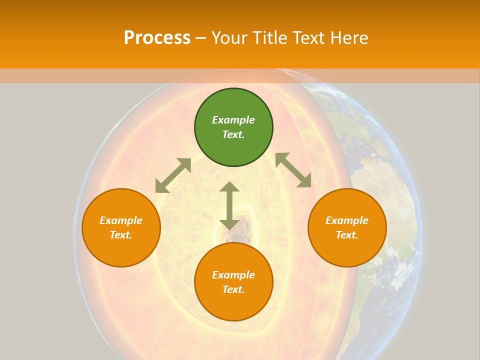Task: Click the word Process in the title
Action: pyautogui.click(x=157, y=38)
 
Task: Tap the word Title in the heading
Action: pyautogui.click(x=273, y=38)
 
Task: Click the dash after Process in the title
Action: pyautogui.click(x=200, y=38)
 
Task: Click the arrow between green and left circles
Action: pyautogui.click(x=173, y=175)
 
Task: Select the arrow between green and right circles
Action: pyautogui.click(x=293, y=170)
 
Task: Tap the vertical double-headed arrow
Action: pyautogui.click(x=229, y=205)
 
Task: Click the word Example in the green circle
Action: pyautogui.click(x=233, y=120)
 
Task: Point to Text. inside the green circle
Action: pyautogui.click(x=233, y=134)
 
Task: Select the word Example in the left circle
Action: pyautogui.click(x=121, y=220)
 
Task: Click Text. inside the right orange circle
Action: pyautogui.click(x=347, y=235)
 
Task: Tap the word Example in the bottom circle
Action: pyautogui.click(x=233, y=275)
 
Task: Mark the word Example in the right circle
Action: pyautogui.click(x=347, y=220)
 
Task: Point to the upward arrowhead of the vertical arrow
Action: pyautogui.click(x=229, y=187)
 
